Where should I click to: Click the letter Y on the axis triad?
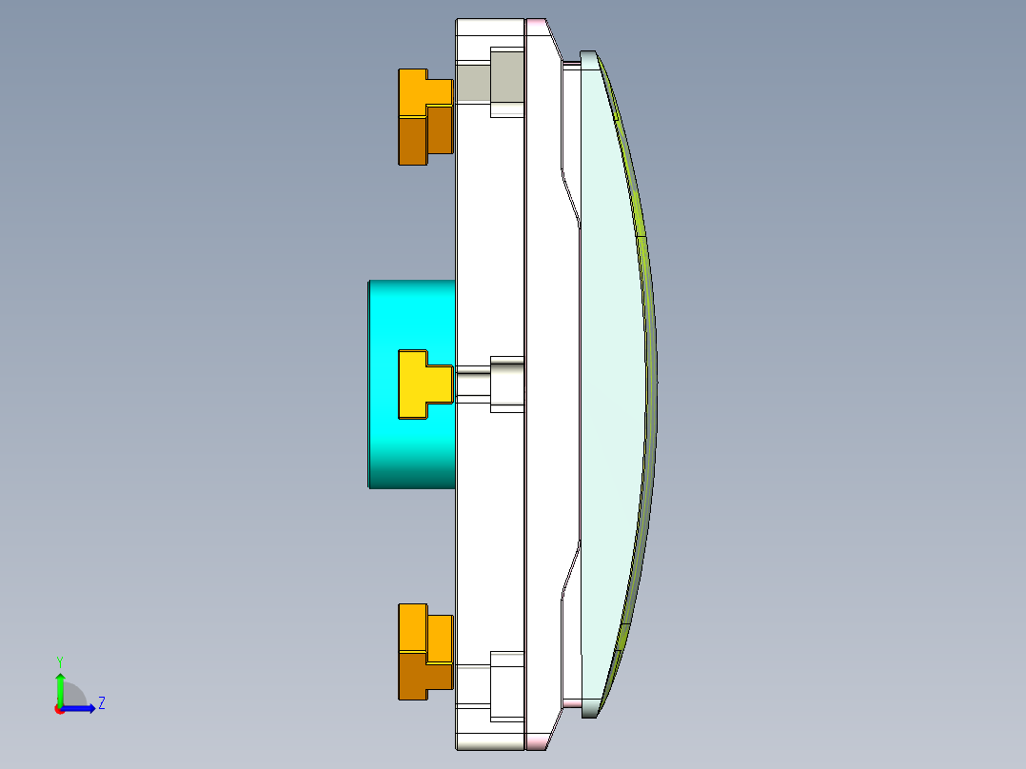pyautogui.click(x=59, y=661)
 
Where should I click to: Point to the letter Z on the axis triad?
pyautogui.click(x=101, y=703)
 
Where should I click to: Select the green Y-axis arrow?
pyautogui.click(x=60, y=687)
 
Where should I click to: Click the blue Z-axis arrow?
pyautogui.click(x=80, y=708)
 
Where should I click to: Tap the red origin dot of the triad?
pyautogui.click(x=59, y=709)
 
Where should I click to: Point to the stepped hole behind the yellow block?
pyautogui.click(x=506, y=384)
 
